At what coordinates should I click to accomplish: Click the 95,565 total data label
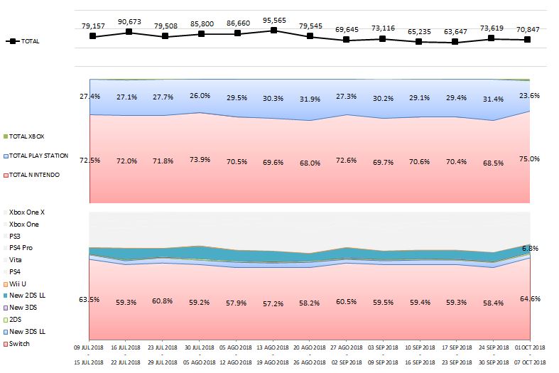274,21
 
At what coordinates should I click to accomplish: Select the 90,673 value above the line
129,22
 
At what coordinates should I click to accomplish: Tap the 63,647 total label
455,32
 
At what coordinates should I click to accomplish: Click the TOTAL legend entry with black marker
23,41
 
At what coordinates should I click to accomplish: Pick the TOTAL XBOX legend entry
24,136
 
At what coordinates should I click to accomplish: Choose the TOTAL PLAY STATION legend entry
36,156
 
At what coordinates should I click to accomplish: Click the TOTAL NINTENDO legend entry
31,175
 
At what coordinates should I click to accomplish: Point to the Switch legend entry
16,344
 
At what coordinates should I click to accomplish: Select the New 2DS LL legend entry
24,296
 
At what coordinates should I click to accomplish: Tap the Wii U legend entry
15,284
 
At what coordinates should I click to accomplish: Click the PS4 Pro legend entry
18,247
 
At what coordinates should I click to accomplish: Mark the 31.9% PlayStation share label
310,99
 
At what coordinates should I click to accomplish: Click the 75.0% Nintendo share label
529,159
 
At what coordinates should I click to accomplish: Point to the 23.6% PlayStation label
529,96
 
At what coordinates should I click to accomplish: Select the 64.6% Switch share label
530,299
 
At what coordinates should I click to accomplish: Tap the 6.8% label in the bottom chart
531,248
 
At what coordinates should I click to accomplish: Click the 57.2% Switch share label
273,304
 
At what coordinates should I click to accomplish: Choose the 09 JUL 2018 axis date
88,347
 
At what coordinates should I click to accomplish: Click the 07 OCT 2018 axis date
530,362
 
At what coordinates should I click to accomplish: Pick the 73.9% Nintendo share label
200,159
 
